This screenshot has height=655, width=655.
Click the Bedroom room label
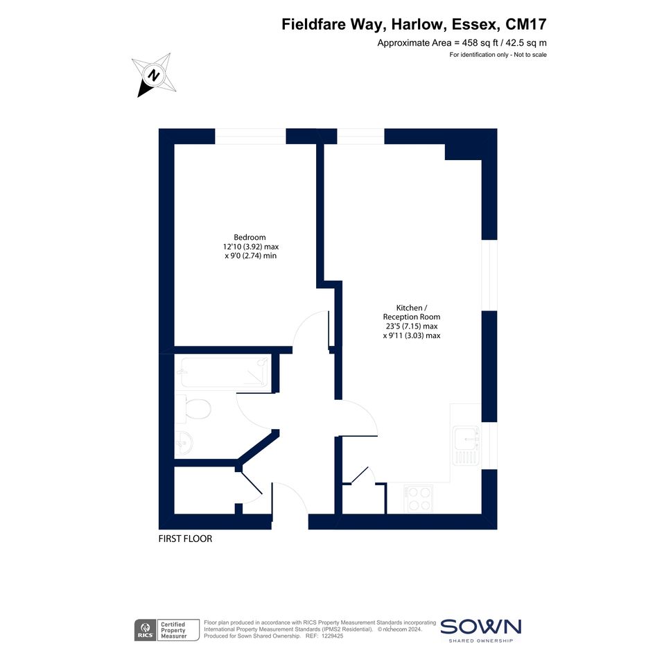click(x=250, y=237)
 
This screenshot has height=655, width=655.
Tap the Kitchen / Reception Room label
click(x=412, y=313)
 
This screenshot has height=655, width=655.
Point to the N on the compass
click(x=154, y=76)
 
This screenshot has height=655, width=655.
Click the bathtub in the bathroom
click(x=225, y=372)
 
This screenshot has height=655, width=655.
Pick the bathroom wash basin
click(x=184, y=442)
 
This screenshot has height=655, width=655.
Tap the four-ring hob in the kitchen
click(x=418, y=499)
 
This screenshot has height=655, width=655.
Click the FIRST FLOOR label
click(x=185, y=539)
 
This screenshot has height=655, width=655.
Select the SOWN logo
click(x=481, y=630)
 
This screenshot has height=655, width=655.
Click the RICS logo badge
click(x=145, y=630)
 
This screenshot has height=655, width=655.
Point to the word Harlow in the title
click(x=416, y=24)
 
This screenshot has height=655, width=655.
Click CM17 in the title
click(x=526, y=24)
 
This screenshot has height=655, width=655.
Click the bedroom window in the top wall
click(x=250, y=136)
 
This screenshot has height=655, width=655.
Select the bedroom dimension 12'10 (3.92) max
click(x=251, y=247)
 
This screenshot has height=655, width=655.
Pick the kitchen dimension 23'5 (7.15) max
click(x=412, y=326)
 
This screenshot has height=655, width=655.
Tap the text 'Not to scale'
click(x=530, y=55)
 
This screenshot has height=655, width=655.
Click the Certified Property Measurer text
click(x=173, y=630)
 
